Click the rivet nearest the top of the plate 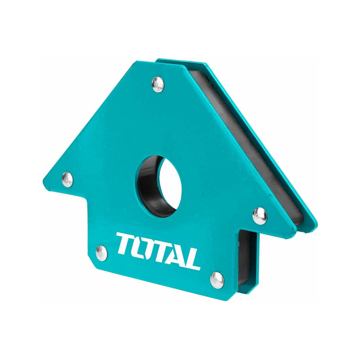(x=158, y=84)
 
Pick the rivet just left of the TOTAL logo (x=102, y=251)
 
